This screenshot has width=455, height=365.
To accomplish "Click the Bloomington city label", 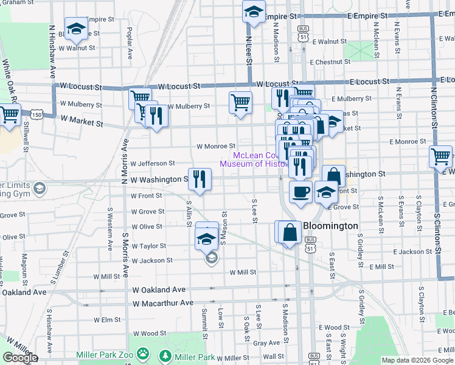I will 330,226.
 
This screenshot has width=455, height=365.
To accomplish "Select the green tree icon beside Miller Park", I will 164,355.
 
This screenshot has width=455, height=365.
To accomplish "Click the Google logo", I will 20,358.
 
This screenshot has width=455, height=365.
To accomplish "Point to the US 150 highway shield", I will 37,114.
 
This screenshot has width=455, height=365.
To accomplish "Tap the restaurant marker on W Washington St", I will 200,179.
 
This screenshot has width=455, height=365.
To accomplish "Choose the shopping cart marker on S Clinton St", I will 440,156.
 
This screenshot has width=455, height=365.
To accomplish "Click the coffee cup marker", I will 300,192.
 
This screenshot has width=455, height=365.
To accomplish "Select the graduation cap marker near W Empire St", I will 254,11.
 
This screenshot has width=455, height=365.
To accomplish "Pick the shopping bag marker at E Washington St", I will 333,176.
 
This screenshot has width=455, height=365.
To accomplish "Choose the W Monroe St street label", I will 216,146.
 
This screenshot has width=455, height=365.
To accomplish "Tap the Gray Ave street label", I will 266,343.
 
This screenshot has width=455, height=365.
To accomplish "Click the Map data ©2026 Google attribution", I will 417,360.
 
